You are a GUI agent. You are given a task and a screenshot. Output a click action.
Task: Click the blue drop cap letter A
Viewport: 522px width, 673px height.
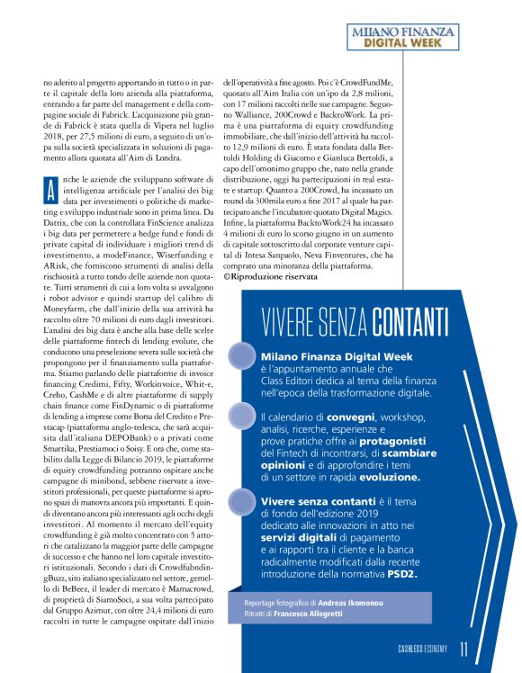50,167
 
